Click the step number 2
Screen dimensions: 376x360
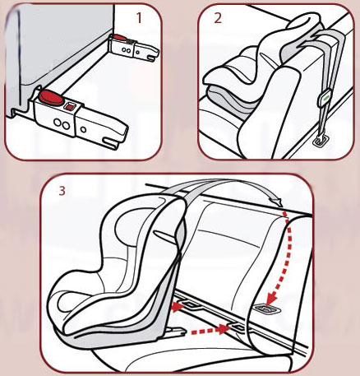217,19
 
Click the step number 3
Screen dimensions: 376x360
62,192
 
